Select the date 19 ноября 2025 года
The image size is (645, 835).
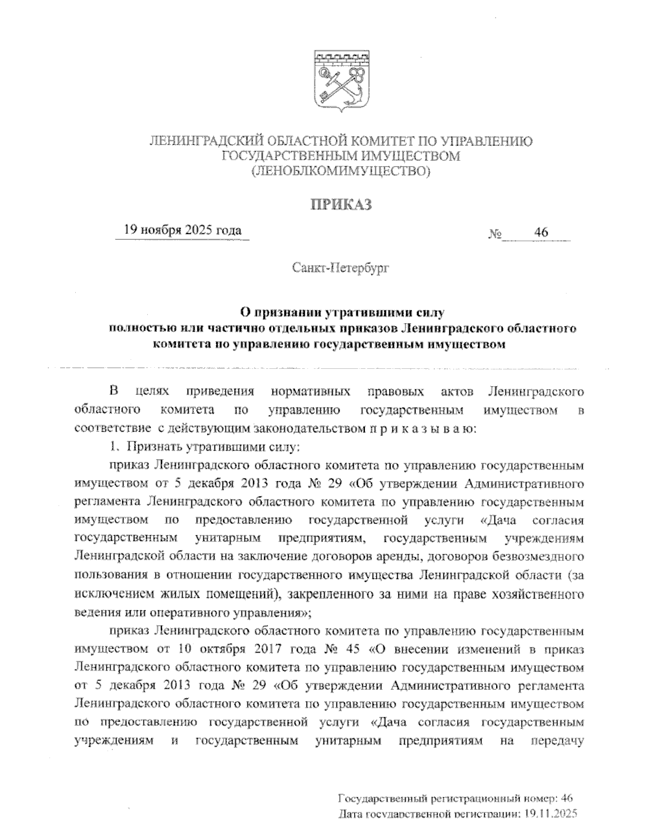pyautogui.click(x=182, y=231)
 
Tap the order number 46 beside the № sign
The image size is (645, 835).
pyautogui.click(x=540, y=233)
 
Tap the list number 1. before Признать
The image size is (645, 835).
pyautogui.click(x=113, y=446)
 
